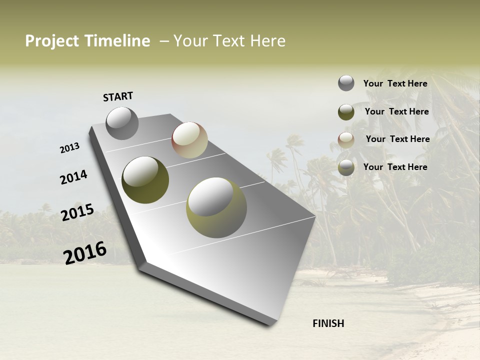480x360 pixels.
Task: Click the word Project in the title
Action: [x=52, y=41]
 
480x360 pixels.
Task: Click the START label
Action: [x=118, y=96]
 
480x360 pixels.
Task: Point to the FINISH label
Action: [x=328, y=323]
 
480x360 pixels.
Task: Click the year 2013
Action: [x=69, y=148]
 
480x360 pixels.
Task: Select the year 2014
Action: [x=73, y=177]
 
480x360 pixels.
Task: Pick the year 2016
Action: [x=85, y=252]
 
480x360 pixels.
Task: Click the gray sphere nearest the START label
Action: [x=122, y=123]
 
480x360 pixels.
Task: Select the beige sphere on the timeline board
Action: [x=189, y=140]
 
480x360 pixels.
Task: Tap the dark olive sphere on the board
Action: [x=145, y=179]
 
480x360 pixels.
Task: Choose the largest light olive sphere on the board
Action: [x=216, y=207]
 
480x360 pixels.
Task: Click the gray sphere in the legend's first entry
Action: [x=346, y=83]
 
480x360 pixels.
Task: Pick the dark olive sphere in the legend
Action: [x=346, y=111]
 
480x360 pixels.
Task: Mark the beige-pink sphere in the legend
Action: [x=346, y=139]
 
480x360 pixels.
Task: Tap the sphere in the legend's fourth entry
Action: [x=346, y=167]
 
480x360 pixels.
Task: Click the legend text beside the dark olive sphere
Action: [x=396, y=111]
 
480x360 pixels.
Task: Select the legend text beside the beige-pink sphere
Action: [x=397, y=139]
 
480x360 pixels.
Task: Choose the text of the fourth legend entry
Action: [x=395, y=167]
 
